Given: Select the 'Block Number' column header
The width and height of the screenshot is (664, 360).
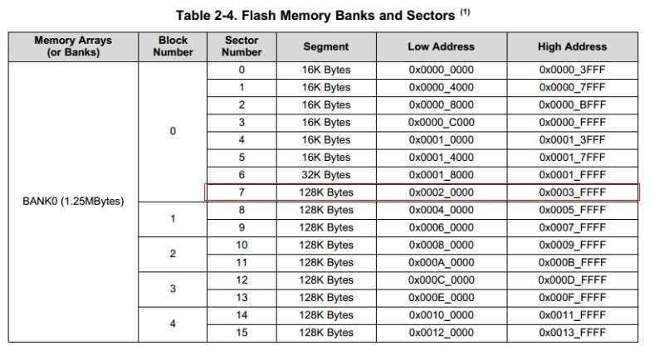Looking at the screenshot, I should (x=173, y=46).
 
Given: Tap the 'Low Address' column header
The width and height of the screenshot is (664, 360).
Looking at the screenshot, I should (x=442, y=46).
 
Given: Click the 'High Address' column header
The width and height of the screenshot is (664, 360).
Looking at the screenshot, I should (x=573, y=46).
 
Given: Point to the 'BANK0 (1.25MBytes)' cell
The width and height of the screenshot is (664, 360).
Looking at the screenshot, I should (x=74, y=201).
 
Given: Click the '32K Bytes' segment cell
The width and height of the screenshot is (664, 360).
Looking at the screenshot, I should (x=326, y=175).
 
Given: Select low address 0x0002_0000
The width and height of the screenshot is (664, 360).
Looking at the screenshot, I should (x=442, y=192).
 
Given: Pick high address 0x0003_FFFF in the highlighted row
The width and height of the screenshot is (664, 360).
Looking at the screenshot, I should (x=573, y=192).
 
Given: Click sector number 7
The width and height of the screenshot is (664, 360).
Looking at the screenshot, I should (x=242, y=192).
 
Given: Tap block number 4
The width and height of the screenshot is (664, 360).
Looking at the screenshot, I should (x=173, y=324).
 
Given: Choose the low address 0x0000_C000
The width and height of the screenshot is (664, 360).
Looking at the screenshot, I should (x=442, y=122).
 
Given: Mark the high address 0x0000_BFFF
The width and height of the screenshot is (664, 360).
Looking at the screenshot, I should (x=573, y=105).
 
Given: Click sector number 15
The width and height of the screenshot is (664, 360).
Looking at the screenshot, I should (x=242, y=333).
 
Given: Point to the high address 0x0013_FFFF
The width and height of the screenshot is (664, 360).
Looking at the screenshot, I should (x=573, y=333).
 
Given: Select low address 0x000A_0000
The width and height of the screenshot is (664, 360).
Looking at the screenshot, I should (x=442, y=262).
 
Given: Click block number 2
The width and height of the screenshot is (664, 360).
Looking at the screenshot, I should (x=173, y=254).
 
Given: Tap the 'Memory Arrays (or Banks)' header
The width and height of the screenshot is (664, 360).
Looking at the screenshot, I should (x=74, y=46).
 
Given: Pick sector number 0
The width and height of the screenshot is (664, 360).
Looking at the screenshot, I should (x=242, y=70).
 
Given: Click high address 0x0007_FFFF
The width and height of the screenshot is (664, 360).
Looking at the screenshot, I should (x=573, y=227).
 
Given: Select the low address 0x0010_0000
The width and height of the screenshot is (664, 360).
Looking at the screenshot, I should (x=442, y=315).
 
